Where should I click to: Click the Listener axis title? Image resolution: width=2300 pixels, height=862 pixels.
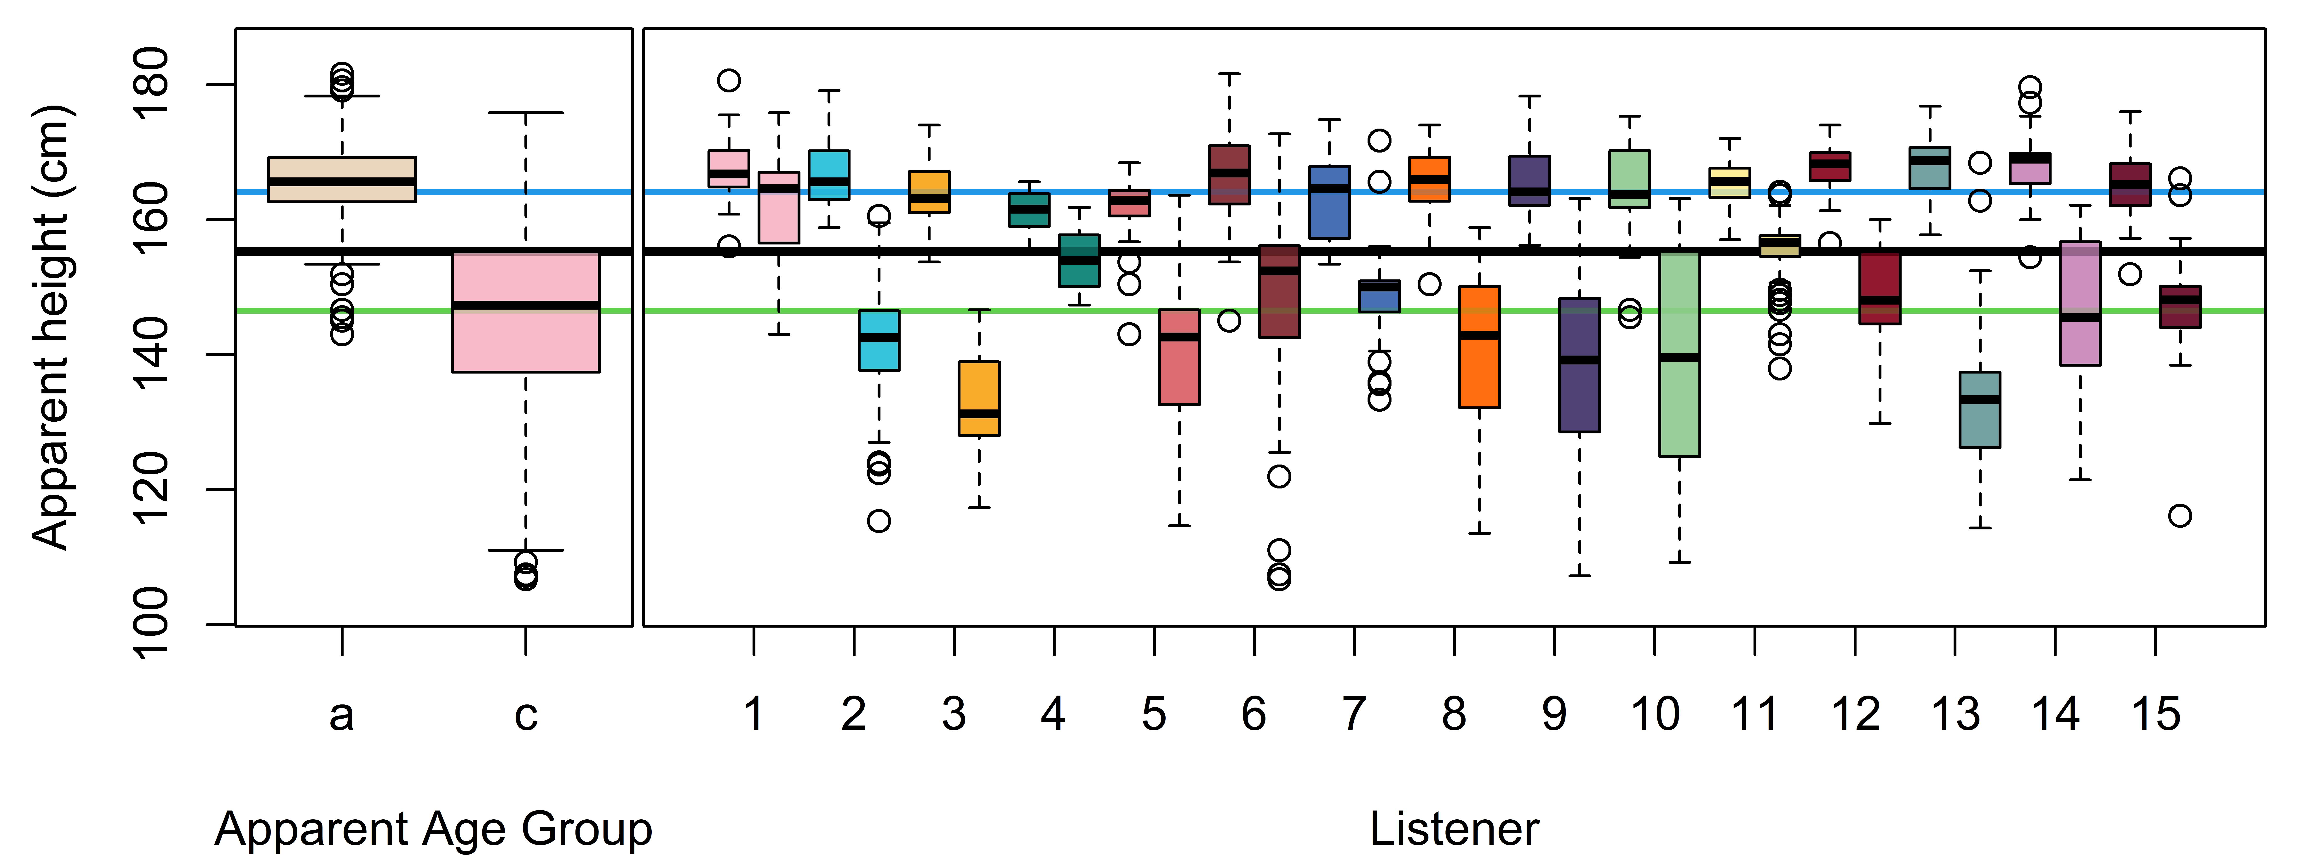click(1455, 830)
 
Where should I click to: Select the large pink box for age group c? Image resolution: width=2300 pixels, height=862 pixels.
click(526, 312)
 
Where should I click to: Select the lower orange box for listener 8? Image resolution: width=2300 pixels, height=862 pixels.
click(1479, 347)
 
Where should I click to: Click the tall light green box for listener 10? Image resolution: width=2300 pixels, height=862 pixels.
click(1679, 354)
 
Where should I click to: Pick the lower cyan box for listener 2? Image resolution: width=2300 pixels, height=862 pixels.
click(879, 340)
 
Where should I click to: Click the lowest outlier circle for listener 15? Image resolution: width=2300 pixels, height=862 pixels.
click(2180, 516)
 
